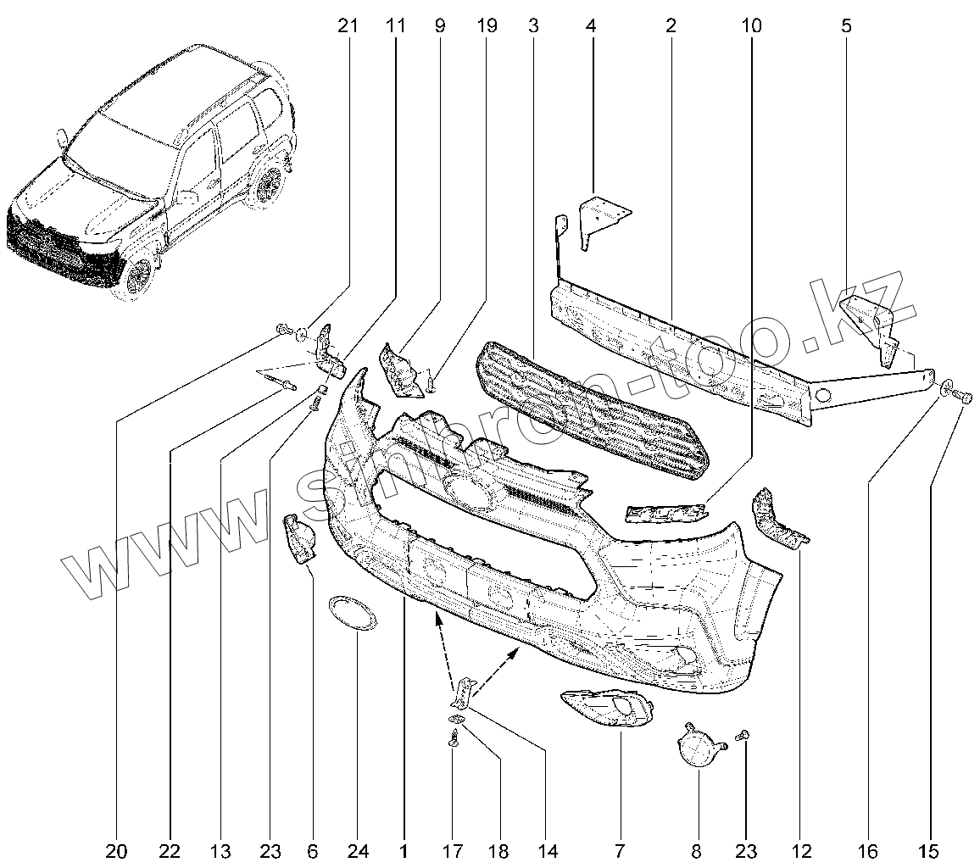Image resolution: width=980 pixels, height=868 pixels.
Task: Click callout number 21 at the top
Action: coord(348,26)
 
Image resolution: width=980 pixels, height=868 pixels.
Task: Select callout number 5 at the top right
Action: coord(846,26)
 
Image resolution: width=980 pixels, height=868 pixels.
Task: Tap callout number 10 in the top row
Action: coord(751,26)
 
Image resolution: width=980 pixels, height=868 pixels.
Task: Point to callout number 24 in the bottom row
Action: coord(359,850)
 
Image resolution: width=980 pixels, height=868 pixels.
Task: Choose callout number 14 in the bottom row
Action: coord(548,850)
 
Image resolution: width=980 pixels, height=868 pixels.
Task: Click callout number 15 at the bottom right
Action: coord(930,850)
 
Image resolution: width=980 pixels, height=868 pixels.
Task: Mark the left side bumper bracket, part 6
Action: coord(297,537)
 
